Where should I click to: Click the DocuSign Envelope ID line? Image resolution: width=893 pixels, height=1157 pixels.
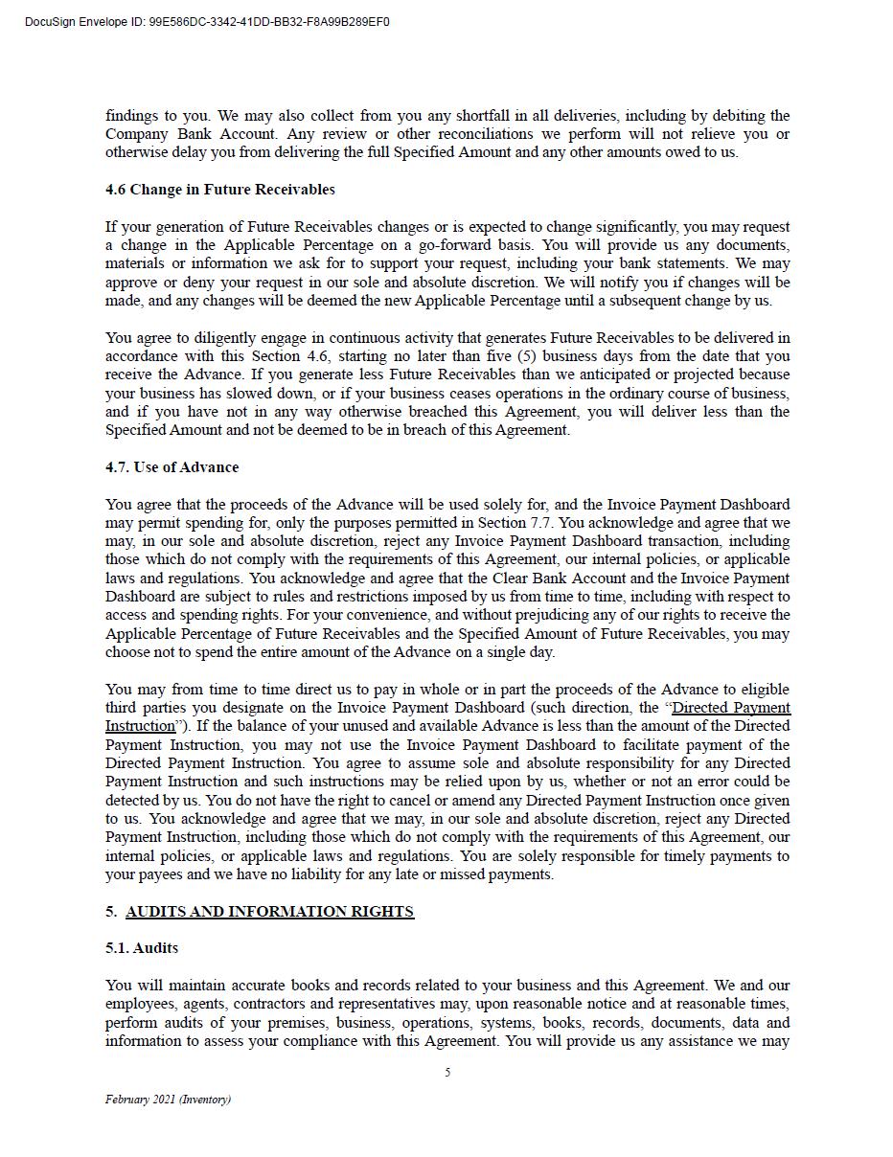click(207, 22)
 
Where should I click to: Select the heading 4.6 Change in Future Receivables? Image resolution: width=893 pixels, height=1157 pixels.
click(219, 190)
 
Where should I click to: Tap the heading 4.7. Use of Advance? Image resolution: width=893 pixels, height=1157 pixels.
click(172, 467)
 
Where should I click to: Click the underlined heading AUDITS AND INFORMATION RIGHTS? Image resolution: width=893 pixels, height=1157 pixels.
click(269, 912)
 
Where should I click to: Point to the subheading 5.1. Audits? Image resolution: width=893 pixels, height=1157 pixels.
click(142, 948)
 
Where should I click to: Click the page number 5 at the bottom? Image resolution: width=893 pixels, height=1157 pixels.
click(447, 1073)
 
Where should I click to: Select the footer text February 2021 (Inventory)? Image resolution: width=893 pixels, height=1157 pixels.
click(168, 1100)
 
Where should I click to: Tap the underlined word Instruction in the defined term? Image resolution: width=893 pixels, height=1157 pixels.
click(140, 726)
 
